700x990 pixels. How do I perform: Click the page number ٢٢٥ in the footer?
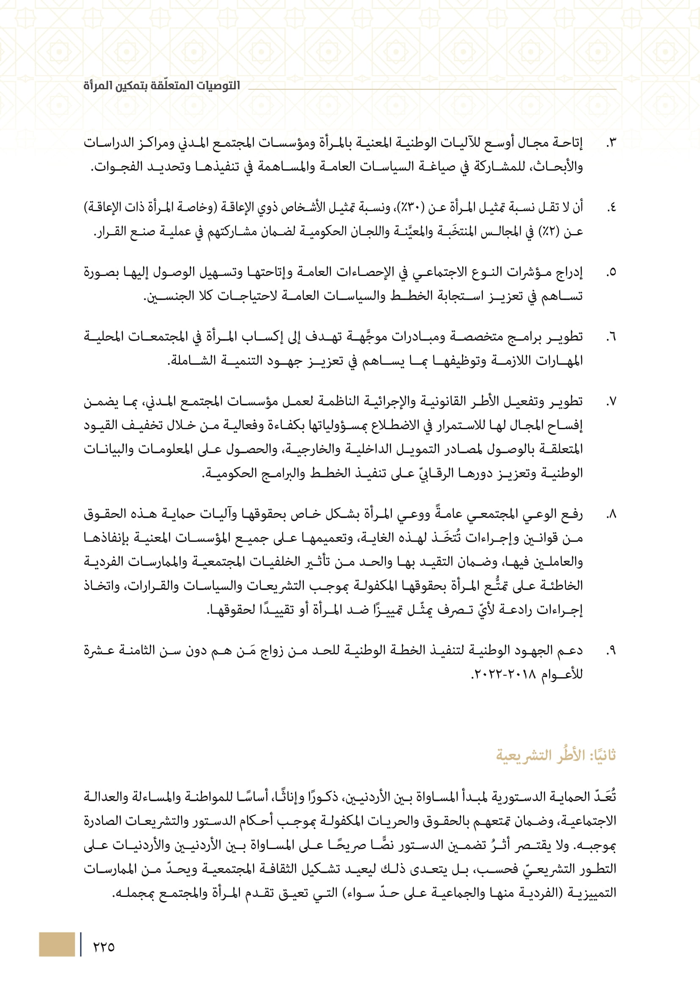pos(104,946)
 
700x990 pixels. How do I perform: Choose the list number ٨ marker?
pos(611,514)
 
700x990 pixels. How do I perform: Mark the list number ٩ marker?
pos(611,651)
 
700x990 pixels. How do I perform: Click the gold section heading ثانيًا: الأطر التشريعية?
pos(556,755)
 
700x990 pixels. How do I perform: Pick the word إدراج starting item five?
pos(568,273)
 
